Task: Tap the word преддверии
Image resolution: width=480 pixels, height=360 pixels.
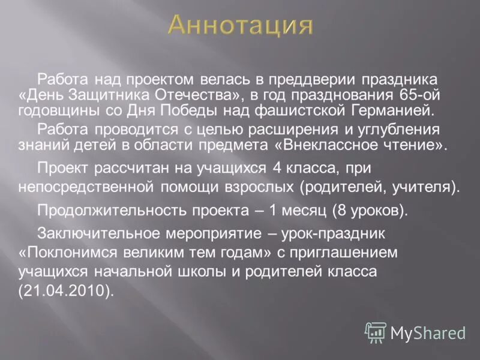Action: point(322,80)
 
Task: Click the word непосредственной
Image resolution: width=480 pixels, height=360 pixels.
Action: point(88,187)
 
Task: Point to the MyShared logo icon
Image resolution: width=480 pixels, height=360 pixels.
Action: point(376,332)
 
